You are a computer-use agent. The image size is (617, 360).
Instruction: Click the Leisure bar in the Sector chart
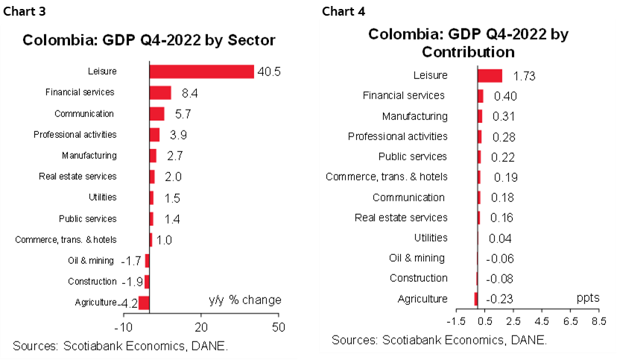[x=201, y=72]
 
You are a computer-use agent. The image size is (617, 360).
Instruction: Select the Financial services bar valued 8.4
[x=160, y=92]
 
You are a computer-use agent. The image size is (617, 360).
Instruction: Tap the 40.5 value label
[x=268, y=72]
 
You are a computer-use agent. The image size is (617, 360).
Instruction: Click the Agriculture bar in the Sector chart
[x=144, y=303]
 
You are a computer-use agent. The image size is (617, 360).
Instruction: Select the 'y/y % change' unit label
[x=244, y=300]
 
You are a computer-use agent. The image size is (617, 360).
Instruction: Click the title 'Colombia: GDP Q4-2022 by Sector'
[x=149, y=40]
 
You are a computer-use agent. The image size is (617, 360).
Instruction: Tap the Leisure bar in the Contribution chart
[x=490, y=75]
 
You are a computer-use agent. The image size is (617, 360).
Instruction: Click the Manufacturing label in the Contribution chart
[x=414, y=116]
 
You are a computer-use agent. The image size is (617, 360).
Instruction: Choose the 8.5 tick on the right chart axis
[x=598, y=321]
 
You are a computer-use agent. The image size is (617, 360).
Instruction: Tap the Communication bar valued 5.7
[x=156, y=113]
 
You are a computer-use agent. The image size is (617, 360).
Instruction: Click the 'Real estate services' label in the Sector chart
[x=77, y=177]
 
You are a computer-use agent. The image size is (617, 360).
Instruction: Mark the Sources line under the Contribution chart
[x=439, y=340]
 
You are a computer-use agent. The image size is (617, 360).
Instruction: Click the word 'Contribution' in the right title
[x=468, y=52]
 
